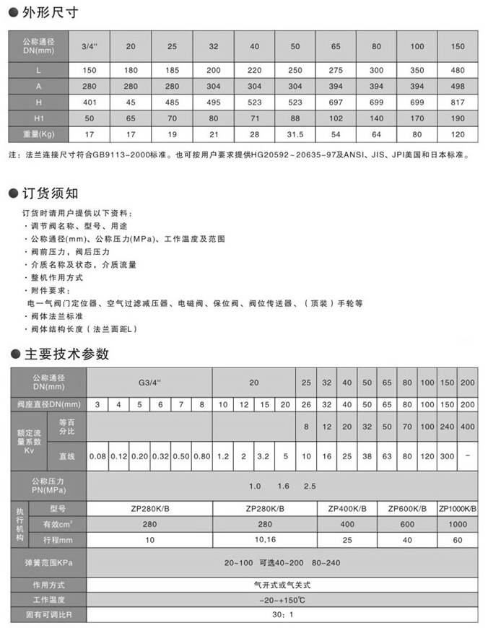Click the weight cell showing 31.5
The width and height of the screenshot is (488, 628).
point(295,134)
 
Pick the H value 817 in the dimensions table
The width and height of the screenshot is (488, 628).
point(457,103)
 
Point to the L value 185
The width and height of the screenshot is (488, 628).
point(172,71)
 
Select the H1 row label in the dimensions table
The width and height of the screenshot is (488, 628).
point(38,118)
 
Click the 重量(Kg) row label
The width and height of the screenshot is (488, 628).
point(38,134)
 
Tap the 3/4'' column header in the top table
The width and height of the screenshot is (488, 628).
point(90,46)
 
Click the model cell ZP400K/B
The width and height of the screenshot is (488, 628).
point(348,509)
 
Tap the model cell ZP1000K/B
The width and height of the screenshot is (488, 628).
point(458,509)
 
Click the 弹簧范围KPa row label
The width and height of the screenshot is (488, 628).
point(49,562)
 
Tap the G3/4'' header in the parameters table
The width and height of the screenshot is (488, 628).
point(150,380)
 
